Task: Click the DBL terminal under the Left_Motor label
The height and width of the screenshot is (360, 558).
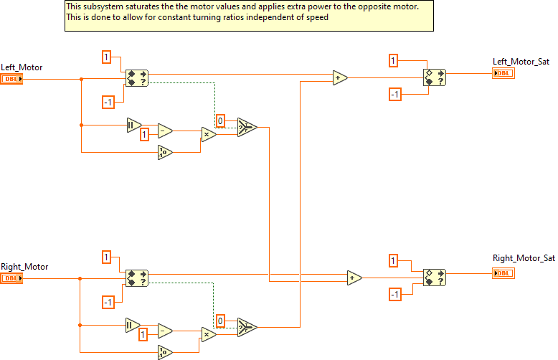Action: [12, 78]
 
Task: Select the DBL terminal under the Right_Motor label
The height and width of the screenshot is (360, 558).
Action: [12, 278]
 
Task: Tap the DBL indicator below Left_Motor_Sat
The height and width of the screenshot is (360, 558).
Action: [503, 73]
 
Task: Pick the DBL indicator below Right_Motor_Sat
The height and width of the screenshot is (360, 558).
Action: [503, 273]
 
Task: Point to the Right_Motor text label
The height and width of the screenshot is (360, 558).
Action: [24, 267]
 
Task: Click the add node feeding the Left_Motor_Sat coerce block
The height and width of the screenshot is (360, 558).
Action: [340, 77]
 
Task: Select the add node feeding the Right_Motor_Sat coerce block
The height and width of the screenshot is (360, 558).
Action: [354, 278]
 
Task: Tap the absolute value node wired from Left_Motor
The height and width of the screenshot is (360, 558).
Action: [133, 125]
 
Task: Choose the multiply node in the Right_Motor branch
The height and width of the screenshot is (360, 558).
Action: [209, 333]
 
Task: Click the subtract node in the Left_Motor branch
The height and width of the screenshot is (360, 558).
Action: [165, 131]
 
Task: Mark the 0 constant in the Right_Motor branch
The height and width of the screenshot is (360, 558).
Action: [221, 320]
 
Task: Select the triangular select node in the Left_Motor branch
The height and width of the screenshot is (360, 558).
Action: [246, 127]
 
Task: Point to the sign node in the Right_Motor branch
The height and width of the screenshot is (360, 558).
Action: [165, 351]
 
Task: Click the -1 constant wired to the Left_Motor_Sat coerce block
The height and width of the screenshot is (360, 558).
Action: [394, 95]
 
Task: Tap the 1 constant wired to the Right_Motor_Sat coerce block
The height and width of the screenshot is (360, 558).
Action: [393, 260]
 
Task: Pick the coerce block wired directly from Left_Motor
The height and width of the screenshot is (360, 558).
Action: [136, 78]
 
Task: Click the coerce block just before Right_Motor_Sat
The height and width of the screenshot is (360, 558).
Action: [434, 278]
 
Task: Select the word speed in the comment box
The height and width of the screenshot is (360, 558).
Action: [316, 17]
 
